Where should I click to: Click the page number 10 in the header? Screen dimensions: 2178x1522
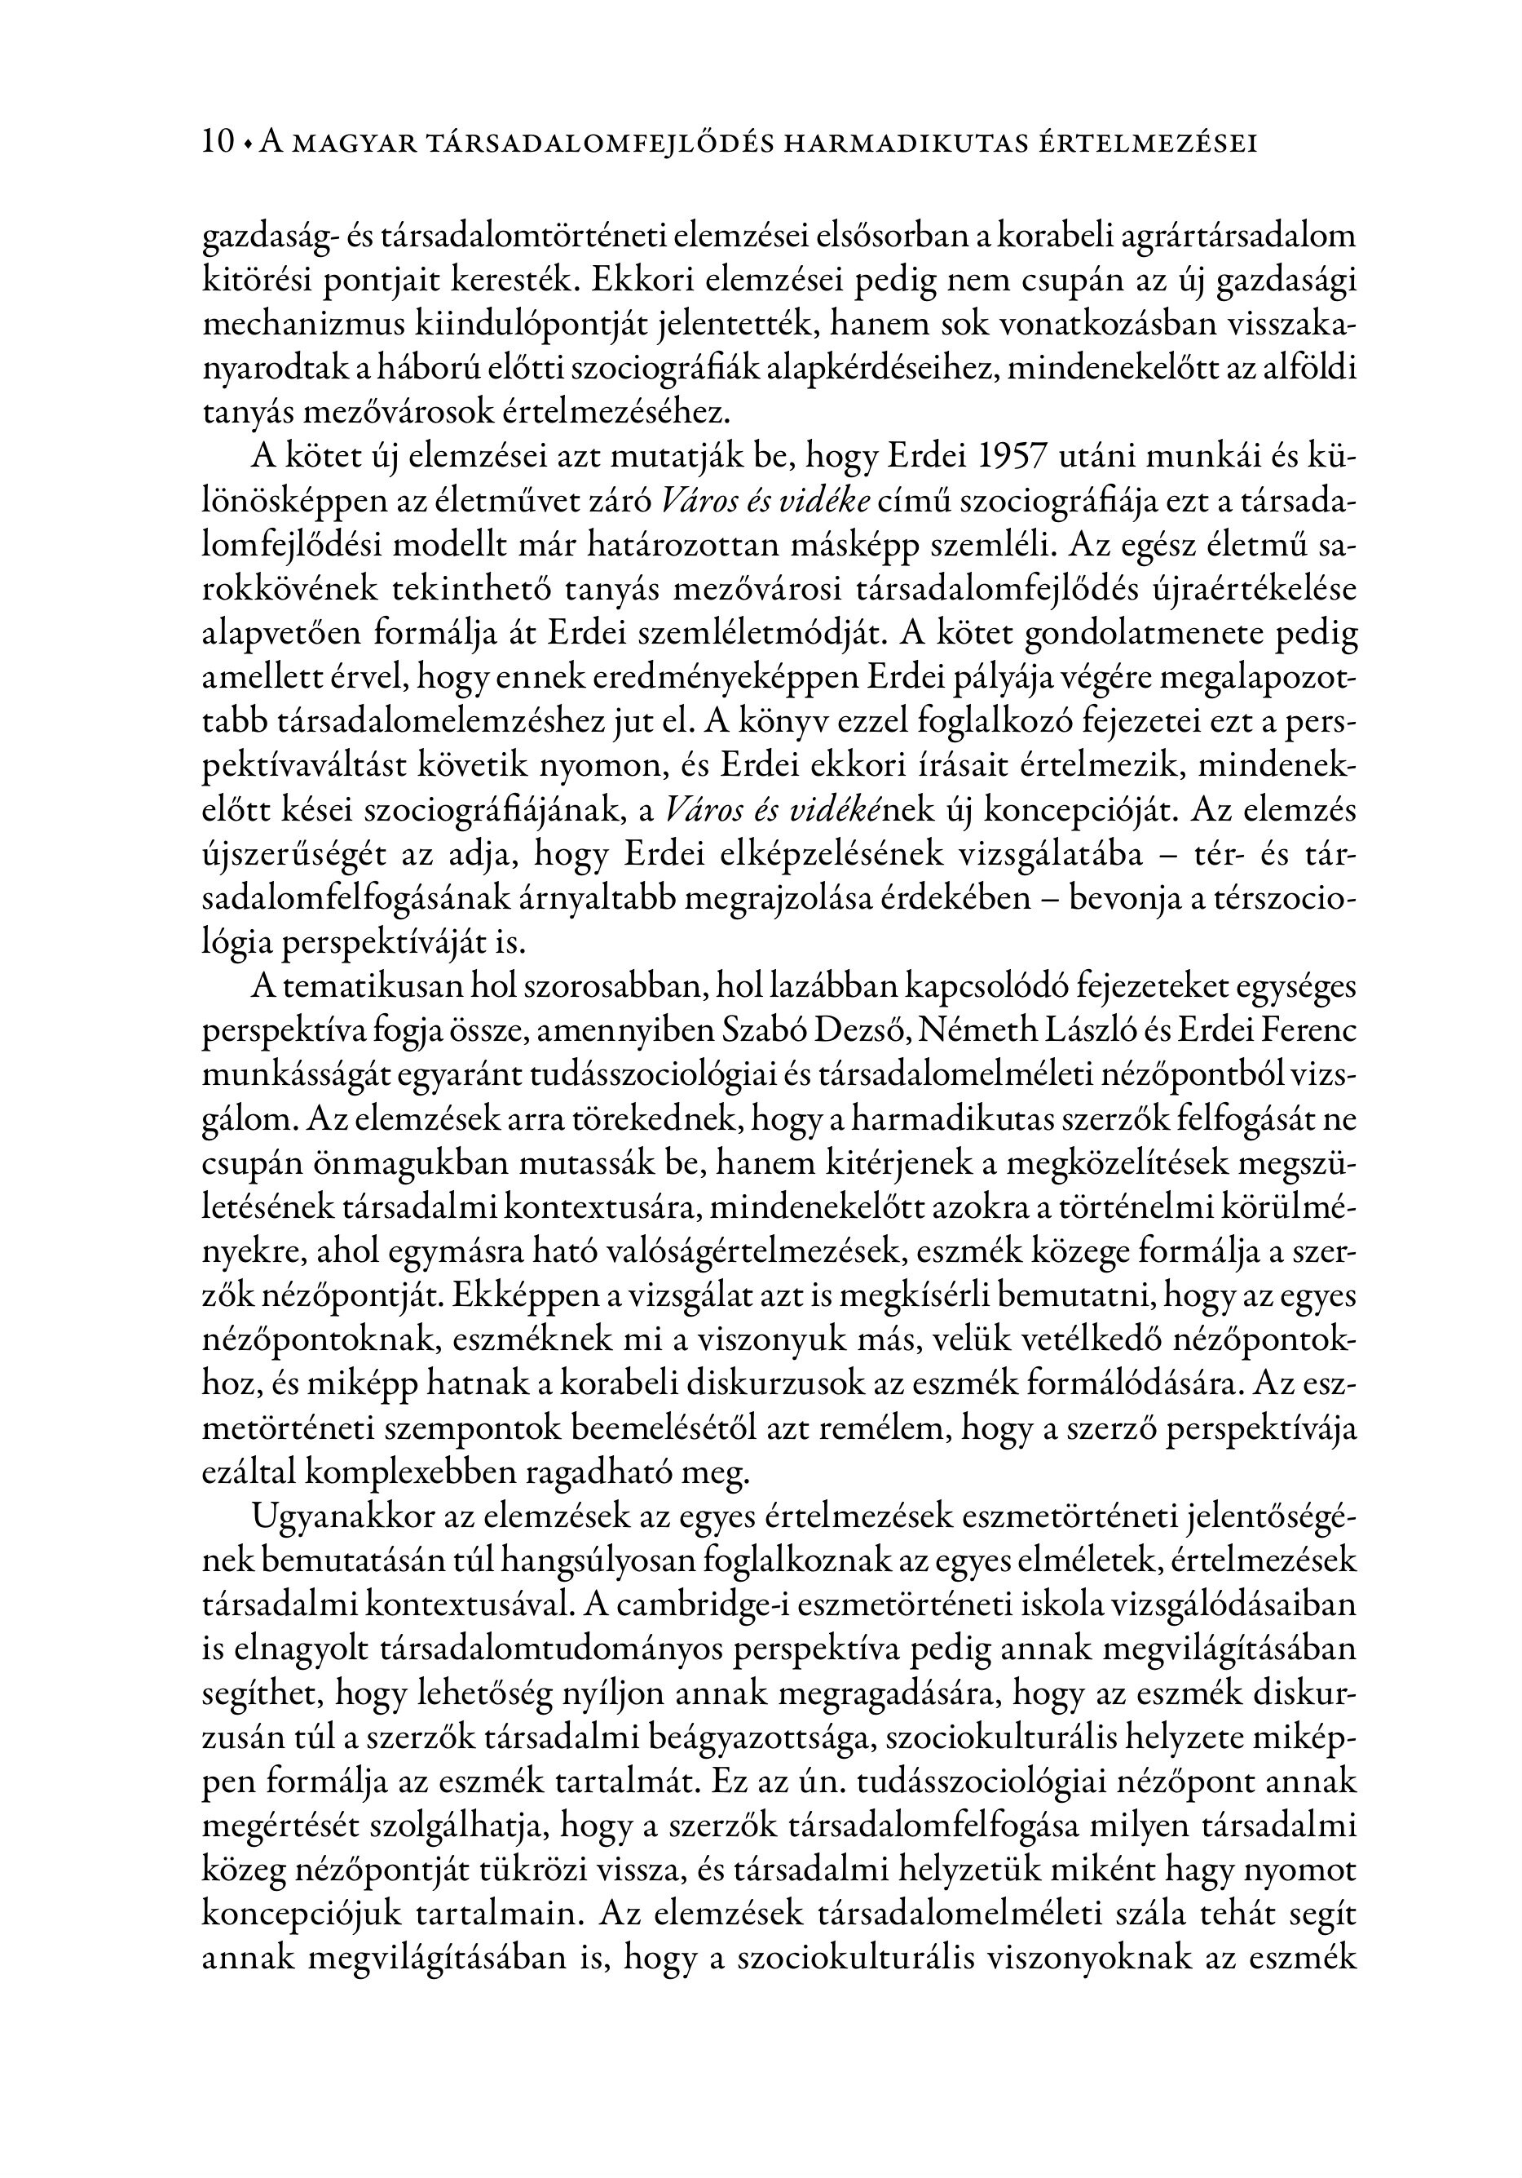pyautogui.click(x=217, y=142)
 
